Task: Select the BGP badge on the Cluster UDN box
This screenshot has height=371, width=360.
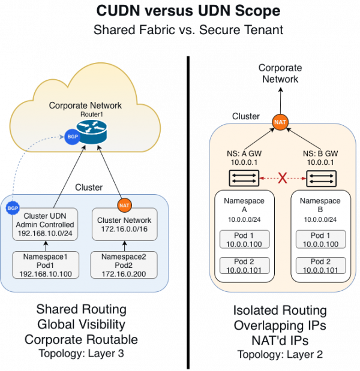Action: (13, 208)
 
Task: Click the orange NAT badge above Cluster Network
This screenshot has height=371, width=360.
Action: (124, 205)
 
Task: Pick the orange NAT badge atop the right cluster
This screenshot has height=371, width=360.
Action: (280, 122)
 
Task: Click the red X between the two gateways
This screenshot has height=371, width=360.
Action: (282, 178)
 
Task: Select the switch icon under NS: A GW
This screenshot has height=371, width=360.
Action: (244, 178)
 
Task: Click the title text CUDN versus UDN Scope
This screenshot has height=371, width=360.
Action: (180, 11)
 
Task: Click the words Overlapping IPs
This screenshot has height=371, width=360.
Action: (280, 326)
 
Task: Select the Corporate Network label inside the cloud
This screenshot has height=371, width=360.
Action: (85, 105)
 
